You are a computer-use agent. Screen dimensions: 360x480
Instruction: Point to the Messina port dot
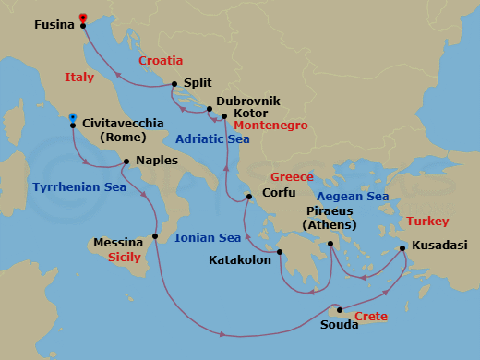[x=154, y=236]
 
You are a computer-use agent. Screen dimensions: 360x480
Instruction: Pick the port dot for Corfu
[x=247, y=197]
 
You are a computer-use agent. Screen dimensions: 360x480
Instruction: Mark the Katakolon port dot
[x=280, y=253]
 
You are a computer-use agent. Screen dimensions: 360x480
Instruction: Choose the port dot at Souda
[x=340, y=310]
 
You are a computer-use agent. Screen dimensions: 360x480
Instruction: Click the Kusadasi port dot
[x=402, y=247]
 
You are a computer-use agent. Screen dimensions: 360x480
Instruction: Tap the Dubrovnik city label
[x=245, y=101]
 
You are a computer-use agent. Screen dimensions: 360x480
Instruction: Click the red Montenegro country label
[x=270, y=125]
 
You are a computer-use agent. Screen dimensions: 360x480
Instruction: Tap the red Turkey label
[x=426, y=222]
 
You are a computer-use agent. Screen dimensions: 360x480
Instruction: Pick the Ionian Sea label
[x=208, y=238]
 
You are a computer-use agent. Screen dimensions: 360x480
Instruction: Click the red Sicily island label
[x=125, y=258]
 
